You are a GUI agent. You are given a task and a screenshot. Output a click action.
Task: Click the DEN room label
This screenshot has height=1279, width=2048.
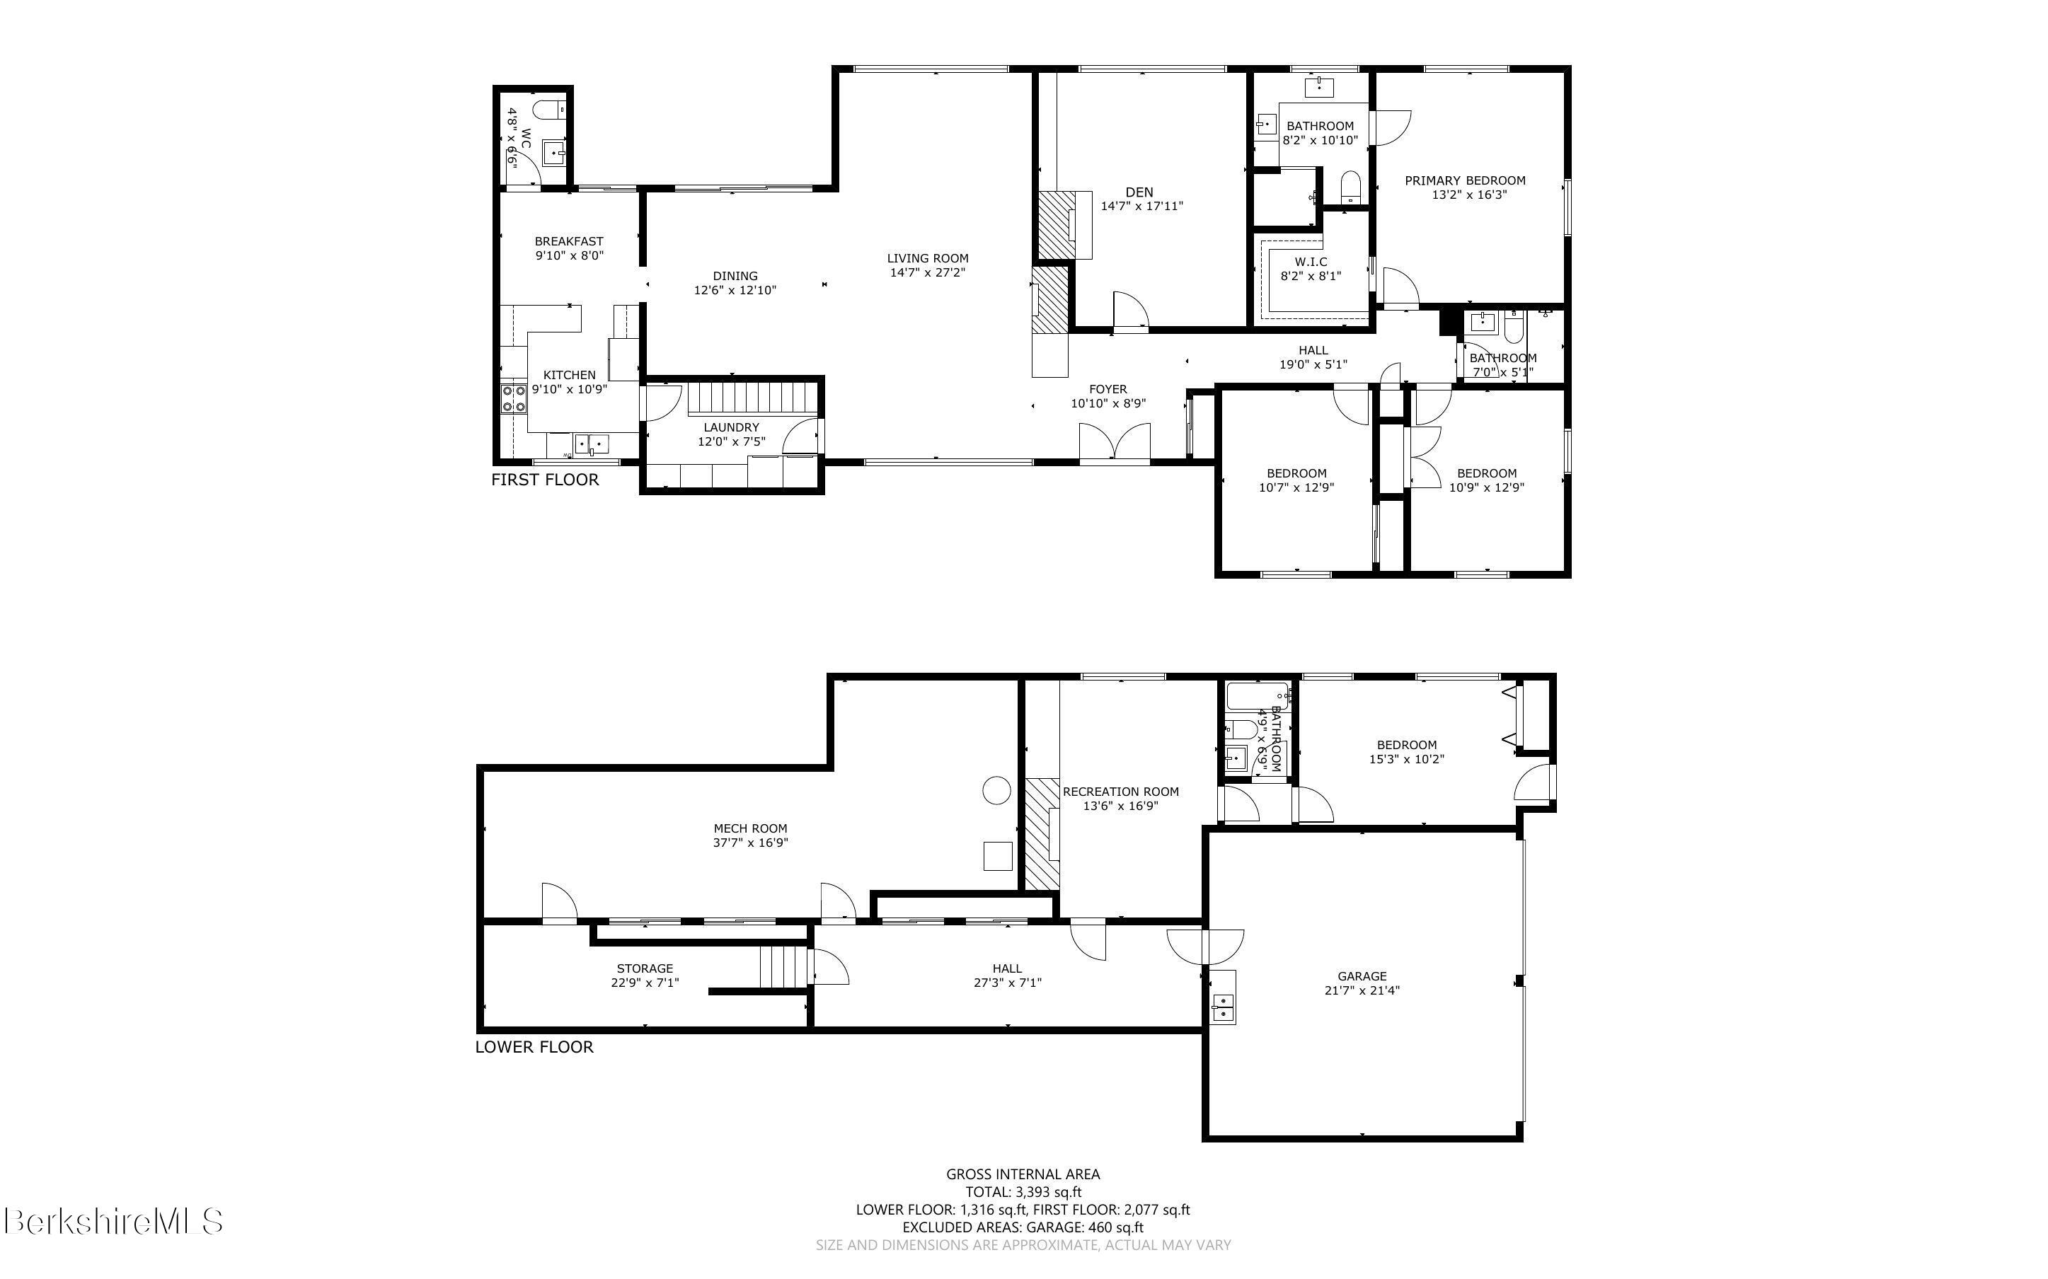[1139, 192]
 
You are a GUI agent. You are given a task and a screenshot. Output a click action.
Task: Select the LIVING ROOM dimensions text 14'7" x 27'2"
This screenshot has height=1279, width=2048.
[927, 272]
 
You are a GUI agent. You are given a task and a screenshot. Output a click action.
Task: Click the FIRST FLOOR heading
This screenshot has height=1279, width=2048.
[545, 480]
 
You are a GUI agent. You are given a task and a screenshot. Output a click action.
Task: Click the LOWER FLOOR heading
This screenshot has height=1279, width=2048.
[534, 1046]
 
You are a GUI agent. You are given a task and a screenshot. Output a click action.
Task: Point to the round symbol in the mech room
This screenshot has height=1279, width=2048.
[996, 790]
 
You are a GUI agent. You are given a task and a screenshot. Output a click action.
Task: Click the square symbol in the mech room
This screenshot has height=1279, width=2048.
[997, 856]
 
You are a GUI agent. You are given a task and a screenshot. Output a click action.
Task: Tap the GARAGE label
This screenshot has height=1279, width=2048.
[1362, 976]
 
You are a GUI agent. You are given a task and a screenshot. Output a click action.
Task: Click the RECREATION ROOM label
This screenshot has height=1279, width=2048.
[1120, 792]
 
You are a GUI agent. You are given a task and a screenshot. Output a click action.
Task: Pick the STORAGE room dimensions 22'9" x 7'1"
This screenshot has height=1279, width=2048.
[645, 983]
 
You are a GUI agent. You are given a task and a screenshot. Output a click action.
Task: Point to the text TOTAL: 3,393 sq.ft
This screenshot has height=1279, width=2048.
[1023, 1193]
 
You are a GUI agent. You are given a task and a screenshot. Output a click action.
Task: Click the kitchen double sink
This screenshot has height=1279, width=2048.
[592, 444]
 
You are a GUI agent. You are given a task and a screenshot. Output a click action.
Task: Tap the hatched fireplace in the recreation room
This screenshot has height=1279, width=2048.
[1043, 833]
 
